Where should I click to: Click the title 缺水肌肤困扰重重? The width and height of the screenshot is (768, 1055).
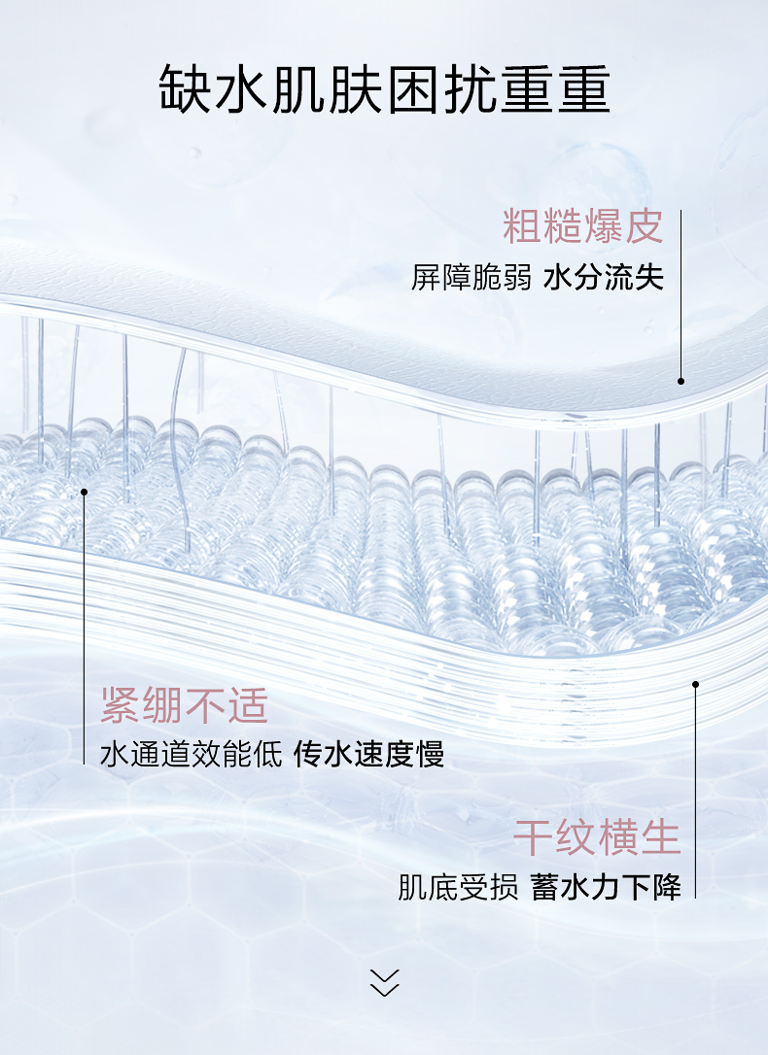(x=384, y=90)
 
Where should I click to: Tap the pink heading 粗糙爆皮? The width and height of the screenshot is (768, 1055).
(x=582, y=226)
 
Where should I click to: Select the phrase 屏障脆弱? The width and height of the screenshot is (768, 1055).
(x=471, y=278)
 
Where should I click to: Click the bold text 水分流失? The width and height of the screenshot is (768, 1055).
(x=604, y=278)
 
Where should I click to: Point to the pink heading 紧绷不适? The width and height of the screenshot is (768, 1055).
(x=184, y=705)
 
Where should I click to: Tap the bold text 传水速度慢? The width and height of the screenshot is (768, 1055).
(x=369, y=754)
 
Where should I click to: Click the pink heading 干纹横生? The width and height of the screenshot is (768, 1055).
(x=597, y=837)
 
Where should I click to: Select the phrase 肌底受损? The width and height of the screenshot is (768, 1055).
(x=458, y=887)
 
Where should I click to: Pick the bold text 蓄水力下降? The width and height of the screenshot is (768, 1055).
(x=606, y=887)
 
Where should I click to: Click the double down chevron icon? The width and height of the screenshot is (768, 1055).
(x=385, y=982)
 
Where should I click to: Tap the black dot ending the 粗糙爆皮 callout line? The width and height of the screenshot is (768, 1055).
(x=681, y=381)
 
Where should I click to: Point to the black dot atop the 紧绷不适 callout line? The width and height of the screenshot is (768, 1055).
(x=85, y=492)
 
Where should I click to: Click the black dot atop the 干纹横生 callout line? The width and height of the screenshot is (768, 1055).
(x=695, y=684)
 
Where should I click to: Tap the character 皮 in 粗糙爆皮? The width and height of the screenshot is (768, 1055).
(x=644, y=226)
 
